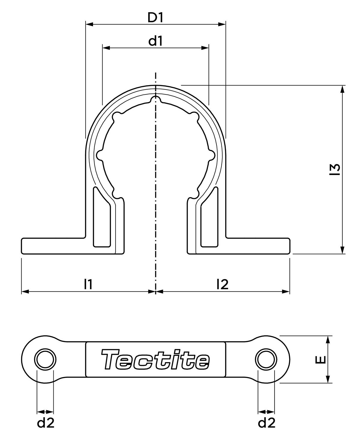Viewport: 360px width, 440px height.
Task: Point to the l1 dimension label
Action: click(x=88, y=284)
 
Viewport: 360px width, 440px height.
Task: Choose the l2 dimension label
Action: click(x=222, y=284)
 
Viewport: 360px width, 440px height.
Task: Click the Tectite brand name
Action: click(x=155, y=359)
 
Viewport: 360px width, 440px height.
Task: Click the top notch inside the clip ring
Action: click(x=155, y=100)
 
